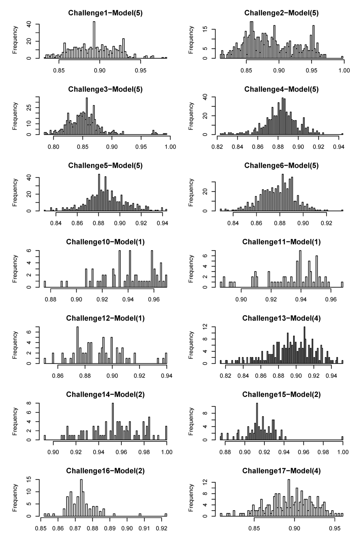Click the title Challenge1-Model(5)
pyautogui.click(x=105, y=13)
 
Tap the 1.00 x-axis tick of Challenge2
pyautogui.click(x=344, y=70)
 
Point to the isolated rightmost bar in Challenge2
pyautogui.click(x=342, y=57)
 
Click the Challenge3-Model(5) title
pyautogui.click(x=105, y=89)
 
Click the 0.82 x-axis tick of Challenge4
pyautogui.click(x=218, y=147)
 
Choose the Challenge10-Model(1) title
pyautogui.click(x=105, y=242)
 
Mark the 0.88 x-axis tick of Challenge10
pyautogui.click(x=51, y=299)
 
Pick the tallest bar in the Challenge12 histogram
pyautogui.click(x=78, y=345)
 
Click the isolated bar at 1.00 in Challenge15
pyautogui.click(x=342, y=438)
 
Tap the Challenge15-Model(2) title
pyautogui.click(x=281, y=395)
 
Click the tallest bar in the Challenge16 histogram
pyautogui.click(x=81, y=498)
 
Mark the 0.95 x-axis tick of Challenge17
pyautogui.click(x=334, y=528)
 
